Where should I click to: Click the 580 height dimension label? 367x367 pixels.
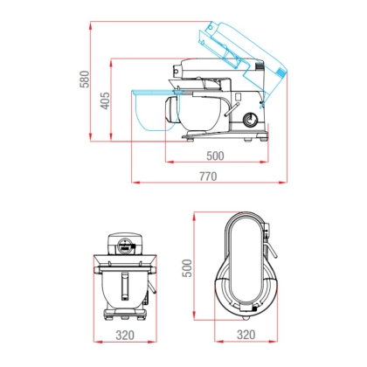point(85,79)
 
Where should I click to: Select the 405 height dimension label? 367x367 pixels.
point(106,100)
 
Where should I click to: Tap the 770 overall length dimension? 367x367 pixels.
point(208,177)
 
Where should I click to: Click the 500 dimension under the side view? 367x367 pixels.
point(215,156)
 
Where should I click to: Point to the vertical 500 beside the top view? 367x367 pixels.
point(187,268)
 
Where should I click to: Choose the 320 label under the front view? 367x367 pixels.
point(125,336)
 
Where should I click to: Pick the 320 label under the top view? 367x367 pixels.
point(246,335)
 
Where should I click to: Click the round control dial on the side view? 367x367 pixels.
point(250,119)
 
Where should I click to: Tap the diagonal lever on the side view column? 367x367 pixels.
point(232,110)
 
